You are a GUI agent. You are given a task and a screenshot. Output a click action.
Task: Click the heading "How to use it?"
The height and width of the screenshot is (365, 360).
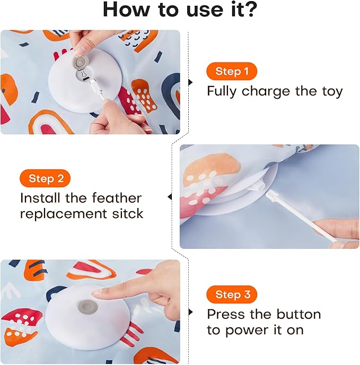[180, 10]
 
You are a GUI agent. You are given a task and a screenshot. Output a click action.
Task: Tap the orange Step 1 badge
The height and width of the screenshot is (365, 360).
[232, 72]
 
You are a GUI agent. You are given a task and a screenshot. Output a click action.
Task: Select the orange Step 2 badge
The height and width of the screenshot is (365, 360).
[45, 178]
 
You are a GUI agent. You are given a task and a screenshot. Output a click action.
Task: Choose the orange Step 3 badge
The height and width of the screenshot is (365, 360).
[232, 294]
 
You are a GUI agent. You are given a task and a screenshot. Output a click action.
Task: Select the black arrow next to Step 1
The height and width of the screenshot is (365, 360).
[191, 82]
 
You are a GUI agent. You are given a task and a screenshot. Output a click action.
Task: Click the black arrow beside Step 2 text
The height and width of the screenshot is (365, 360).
[170, 197]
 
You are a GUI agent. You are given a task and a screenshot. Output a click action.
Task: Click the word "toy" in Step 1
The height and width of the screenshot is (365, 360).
[330, 91]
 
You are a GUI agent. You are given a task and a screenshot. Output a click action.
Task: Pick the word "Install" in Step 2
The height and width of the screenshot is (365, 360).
[39, 198]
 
